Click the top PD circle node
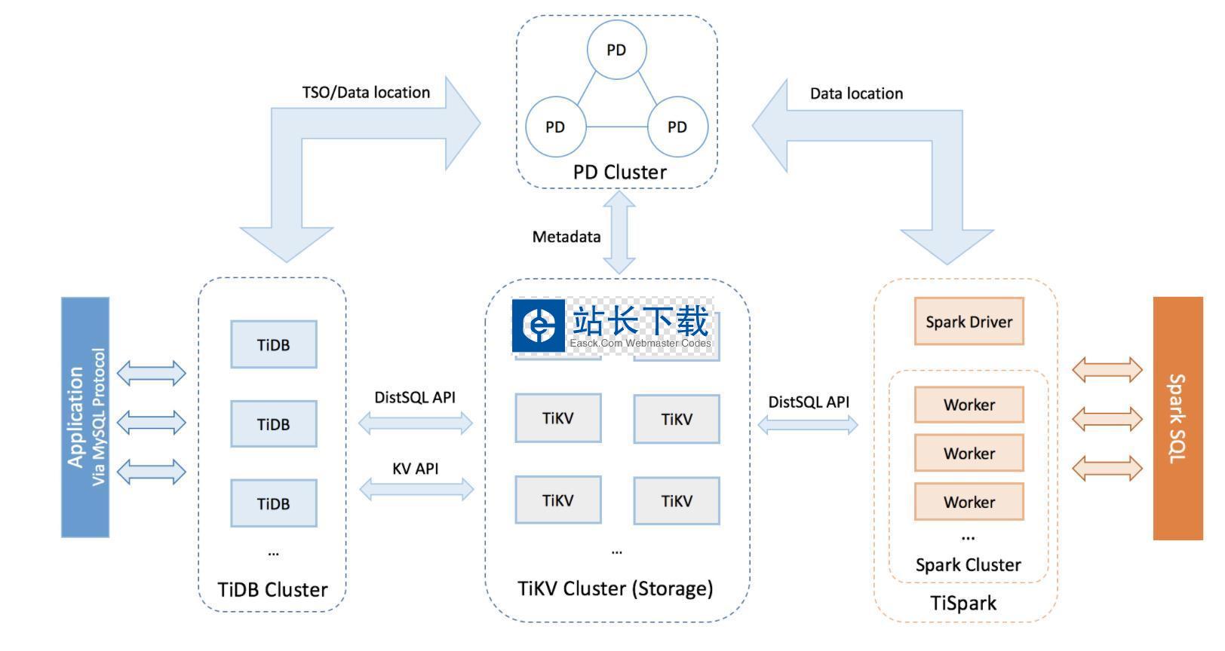pyautogui.click(x=616, y=50)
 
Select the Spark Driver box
pyautogui.click(x=969, y=322)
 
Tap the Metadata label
pyautogui.click(x=566, y=237)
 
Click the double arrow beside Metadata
pyautogui.click(x=619, y=233)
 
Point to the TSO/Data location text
pyautogui.click(x=366, y=93)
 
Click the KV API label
pyautogui.click(x=415, y=469)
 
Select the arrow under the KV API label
pyautogui.click(x=416, y=490)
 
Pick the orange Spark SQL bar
pyautogui.click(x=1177, y=418)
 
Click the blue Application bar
pyautogui.click(x=85, y=417)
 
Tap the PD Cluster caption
pyautogui.click(x=619, y=172)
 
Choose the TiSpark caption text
pyautogui.click(x=963, y=603)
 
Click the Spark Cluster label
pyautogui.click(x=968, y=565)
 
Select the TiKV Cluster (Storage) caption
pyautogui.click(x=615, y=588)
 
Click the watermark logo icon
pyautogui.click(x=539, y=325)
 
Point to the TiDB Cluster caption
pyautogui.click(x=272, y=589)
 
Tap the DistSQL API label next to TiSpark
pyautogui.click(x=808, y=402)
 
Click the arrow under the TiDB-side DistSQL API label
pyautogui.click(x=416, y=423)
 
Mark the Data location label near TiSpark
pyautogui.click(x=856, y=93)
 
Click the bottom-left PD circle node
pyautogui.click(x=555, y=127)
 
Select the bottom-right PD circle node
pyautogui.click(x=677, y=127)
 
